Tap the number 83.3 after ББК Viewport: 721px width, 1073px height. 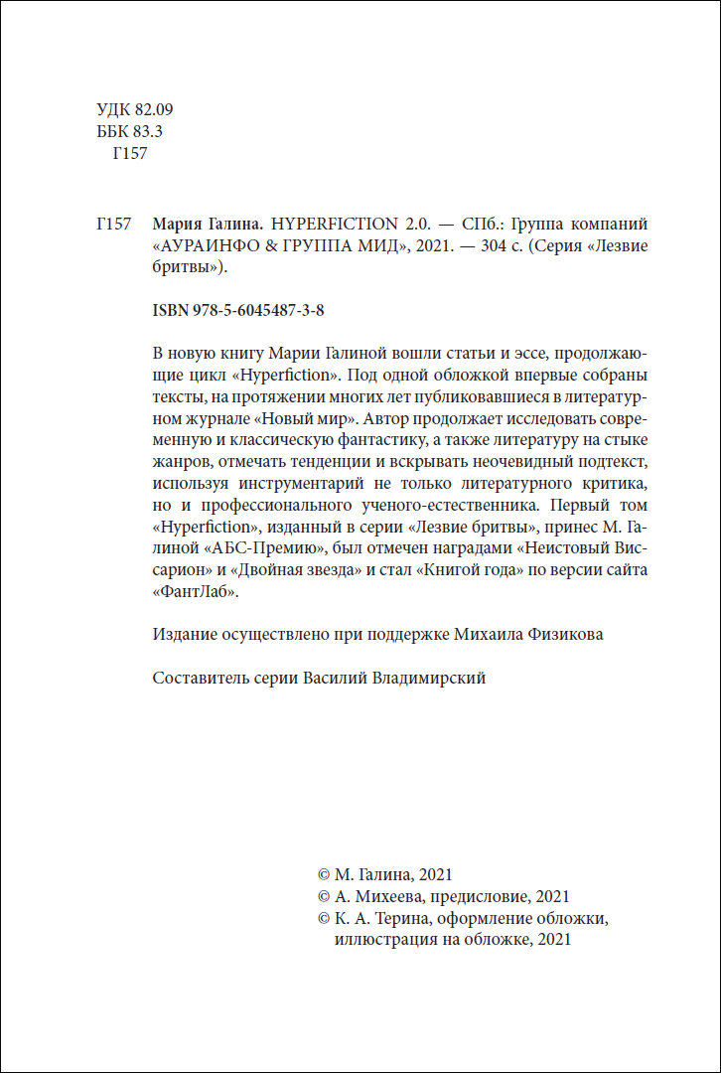tap(147, 131)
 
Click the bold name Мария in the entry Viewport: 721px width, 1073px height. tap(182, 224)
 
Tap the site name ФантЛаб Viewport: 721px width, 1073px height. tap(197, 592)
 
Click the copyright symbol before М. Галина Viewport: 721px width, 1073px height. tap(323, 875)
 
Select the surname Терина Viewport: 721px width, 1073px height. tap(397, 919)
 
